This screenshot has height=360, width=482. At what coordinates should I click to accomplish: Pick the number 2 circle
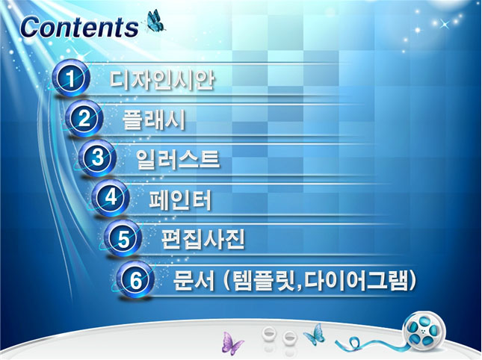(x=84, y=119)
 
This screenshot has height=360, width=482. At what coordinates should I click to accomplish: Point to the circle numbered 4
(x=110, y=199)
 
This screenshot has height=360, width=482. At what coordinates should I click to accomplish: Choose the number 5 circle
(x=123, y=239)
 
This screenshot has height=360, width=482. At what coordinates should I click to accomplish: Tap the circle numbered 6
(x=135, y=280)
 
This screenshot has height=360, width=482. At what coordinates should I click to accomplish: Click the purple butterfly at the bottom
(x=232, y=342)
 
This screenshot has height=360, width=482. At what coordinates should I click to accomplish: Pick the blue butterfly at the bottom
(x=314, y=333)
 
